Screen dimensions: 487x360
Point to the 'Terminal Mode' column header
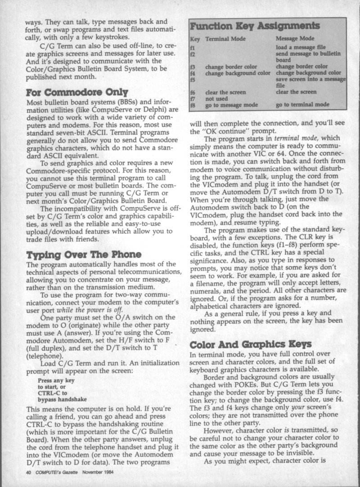[x=225, y=39]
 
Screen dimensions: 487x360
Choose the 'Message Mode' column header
[x=295, y=39]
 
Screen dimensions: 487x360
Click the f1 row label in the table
[x=192, y=47]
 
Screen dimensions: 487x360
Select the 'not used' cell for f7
[x=217, y=98]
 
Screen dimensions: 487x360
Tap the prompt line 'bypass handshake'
[x=63, y=398]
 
